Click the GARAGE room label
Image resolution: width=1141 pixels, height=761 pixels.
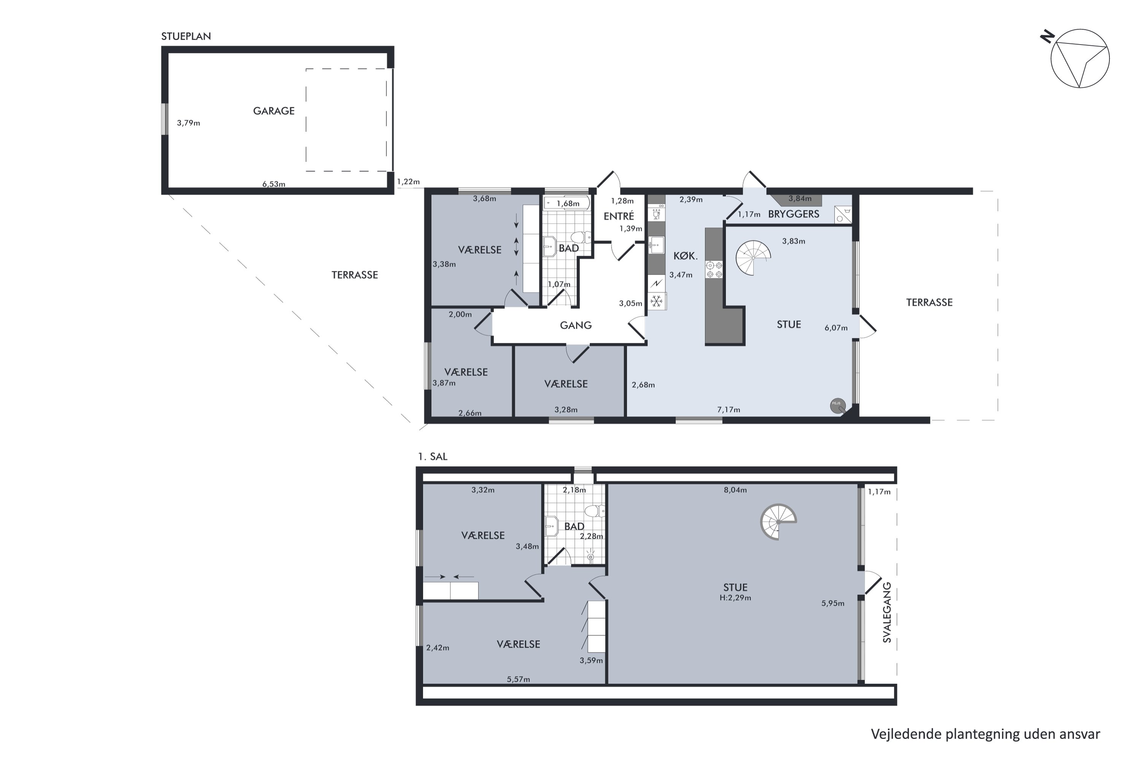point(273,111)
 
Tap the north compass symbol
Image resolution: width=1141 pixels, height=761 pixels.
point(1079,59)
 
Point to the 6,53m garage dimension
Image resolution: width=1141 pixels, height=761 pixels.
point(273,184)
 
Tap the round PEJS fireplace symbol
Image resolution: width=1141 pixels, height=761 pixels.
point(838,405)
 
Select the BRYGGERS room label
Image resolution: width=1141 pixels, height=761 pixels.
point(794,214)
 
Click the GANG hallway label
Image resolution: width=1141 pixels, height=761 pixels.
point(576,325)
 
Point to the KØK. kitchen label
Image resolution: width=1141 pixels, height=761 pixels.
point(685,256)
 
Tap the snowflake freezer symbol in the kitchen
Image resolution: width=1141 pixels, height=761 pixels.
point(656,301)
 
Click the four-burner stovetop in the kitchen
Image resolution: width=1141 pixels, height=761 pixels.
point(714,269)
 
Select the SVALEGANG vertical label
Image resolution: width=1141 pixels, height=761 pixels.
point(887,613)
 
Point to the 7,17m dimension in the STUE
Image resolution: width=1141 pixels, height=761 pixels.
point(729,410)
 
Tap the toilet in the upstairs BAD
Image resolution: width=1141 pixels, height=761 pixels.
point(594,511)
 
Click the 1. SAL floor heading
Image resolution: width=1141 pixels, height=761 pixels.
point(432,457)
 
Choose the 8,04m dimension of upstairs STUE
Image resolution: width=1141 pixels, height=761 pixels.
point(736,490)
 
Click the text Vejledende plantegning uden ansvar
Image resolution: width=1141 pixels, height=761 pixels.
point(985,734)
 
